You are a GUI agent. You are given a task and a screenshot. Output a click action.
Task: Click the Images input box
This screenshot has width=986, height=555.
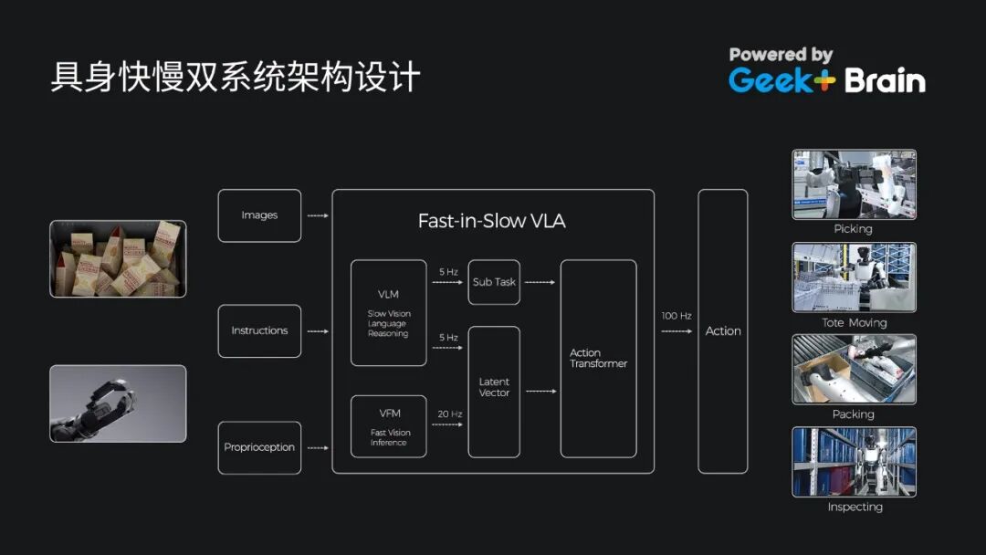coord(259,215)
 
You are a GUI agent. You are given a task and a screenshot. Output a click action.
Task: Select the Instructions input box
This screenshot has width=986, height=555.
coord(259,330)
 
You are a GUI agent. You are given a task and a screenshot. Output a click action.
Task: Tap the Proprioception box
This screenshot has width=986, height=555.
coord(259,447)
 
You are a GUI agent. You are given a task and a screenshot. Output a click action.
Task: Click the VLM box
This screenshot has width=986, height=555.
coord(388,313)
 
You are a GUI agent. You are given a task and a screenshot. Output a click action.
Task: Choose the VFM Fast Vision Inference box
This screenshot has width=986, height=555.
coord(388,426)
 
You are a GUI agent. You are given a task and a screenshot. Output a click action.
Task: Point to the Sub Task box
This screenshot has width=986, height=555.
coord(494,282)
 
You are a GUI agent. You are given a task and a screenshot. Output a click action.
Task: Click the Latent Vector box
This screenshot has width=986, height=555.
coord(494,392)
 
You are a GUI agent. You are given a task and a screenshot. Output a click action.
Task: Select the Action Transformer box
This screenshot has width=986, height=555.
coord(598,358)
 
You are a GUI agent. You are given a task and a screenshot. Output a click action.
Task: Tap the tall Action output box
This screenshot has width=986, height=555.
coord(722,330)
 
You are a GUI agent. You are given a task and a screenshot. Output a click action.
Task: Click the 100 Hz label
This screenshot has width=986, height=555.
coord(677,316)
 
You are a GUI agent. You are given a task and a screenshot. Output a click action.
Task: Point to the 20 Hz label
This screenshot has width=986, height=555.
coord(449,414)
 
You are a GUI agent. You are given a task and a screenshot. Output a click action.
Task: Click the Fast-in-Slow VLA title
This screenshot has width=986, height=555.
coord(491,221)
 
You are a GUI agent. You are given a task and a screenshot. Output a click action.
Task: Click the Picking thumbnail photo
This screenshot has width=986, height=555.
coord(854,184)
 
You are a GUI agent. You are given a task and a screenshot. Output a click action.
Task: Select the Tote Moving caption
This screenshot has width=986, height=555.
coord(854,322)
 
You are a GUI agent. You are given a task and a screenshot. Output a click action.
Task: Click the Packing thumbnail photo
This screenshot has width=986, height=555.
coord(854,369)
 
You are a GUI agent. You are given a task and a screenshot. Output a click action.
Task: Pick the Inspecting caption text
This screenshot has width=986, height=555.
coord(855,507)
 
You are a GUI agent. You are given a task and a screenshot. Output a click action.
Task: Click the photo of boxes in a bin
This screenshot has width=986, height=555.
coord(118,258)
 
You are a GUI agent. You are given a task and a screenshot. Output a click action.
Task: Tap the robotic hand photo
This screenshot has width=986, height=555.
coord(118,403)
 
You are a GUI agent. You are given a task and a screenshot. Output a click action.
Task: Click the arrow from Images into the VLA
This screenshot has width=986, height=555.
coord(317,215)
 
